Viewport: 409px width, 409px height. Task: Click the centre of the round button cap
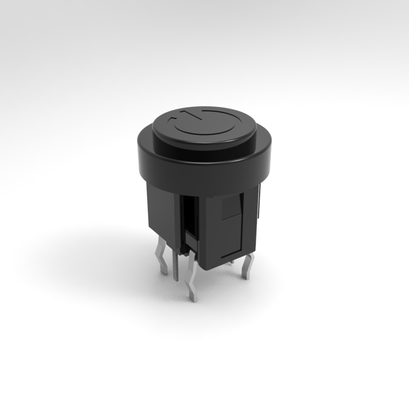(x=204, y=128)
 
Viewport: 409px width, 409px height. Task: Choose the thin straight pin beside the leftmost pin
(x=175, y=267)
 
